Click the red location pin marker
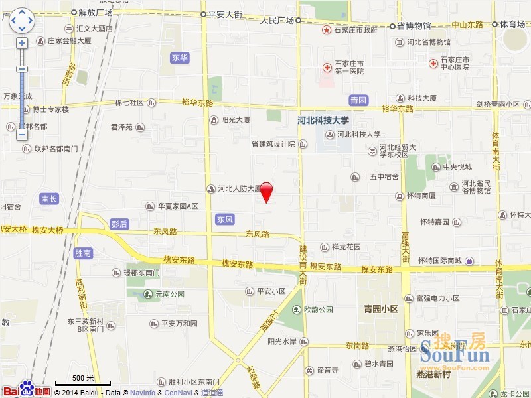pos(266,190)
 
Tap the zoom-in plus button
pos(22,43)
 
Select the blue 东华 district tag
pos(180,58)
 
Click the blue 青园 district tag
pos(358,100)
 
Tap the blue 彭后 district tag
pos(119,224)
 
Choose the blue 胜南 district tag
pos(83,253)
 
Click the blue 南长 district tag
pos(49,198)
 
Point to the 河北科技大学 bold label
pos(323,121)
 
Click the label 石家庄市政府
pos(355,31)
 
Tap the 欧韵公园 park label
pos(318,310)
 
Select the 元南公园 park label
pos(168,294)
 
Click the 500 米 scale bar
pos(84,380)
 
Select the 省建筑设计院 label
pos(272,144)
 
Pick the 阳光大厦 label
pos(235,120)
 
